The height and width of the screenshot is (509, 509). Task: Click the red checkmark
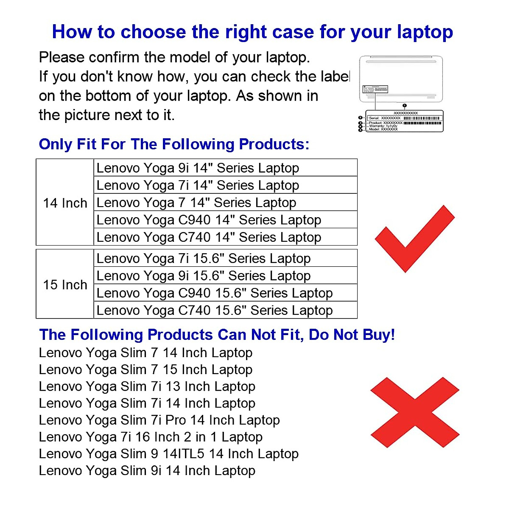tap(414, 240)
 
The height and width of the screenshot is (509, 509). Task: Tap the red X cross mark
tap(414, 412)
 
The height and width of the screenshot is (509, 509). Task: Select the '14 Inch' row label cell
tap(65, 203)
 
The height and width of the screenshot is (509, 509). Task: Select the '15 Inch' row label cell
tap(65, 285)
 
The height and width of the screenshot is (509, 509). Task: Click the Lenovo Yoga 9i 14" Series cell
tap(225, 168)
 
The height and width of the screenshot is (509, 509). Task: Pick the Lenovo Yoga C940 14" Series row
tap(225, 220)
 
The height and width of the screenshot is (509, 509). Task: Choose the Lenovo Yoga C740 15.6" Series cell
tap(225, 310)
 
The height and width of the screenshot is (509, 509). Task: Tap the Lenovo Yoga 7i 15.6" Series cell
tap(225, 258)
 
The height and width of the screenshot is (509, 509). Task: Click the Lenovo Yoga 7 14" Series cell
tap(225, 202)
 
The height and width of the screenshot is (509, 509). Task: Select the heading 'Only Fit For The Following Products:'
tap(174, 144)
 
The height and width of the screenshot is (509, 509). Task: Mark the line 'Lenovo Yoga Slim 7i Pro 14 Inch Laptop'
tap(159, 420)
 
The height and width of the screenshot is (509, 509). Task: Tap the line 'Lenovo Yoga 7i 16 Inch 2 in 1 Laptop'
tap(151, 437)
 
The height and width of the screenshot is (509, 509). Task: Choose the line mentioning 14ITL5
tap(168, 454)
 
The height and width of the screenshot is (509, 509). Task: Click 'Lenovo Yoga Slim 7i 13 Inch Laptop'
tap(147, 386)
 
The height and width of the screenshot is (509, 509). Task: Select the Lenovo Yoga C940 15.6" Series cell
tap(225, 293)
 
